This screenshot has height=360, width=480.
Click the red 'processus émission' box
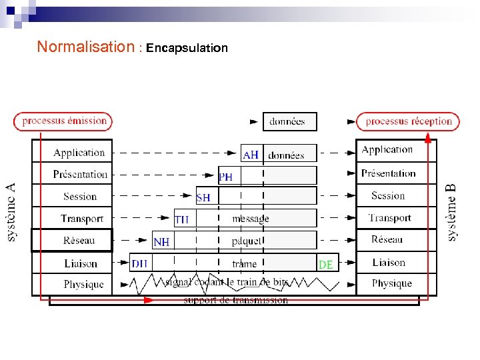[x=63, y=121]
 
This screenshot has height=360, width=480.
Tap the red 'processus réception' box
[x=409, y=121]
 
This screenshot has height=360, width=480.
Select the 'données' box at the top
[x=287, y=121]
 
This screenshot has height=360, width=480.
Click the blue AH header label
[x=251, y=155]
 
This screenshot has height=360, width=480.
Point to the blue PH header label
[x=226, y=177]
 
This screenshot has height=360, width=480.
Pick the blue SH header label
[x=203, y=198]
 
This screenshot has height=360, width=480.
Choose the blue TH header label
[x=181, y=219]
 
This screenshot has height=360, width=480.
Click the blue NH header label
[x=161, y=241]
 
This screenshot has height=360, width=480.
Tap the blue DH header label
[x=139, y=263]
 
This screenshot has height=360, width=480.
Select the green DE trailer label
[x=326, y=264]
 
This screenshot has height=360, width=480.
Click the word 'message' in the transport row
[x=251, y=219]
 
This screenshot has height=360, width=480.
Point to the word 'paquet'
[x=247, y=241]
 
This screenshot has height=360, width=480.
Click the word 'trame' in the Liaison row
[x=244, y=263]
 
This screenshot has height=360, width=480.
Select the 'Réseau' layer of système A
[x=79, y=240]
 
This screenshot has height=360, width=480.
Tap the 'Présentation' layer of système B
[x=389, y=173]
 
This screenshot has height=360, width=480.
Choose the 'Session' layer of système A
[x=80, y=196]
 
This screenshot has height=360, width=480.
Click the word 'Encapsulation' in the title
[x=187, y=48]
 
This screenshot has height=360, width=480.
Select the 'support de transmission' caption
[x=236, y=301]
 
